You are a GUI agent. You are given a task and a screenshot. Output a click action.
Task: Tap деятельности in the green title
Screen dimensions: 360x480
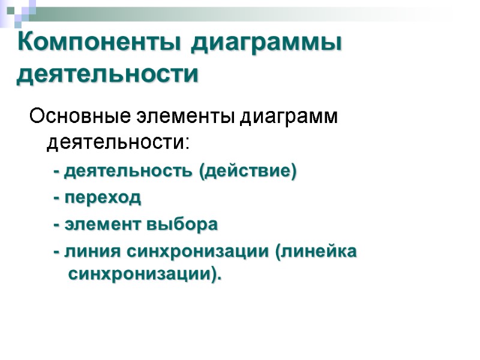point(108,76)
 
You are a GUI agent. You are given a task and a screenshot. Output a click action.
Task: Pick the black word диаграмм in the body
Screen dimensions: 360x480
point(290,116)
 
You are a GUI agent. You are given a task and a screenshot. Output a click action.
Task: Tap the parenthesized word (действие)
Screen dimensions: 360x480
point(248,172)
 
